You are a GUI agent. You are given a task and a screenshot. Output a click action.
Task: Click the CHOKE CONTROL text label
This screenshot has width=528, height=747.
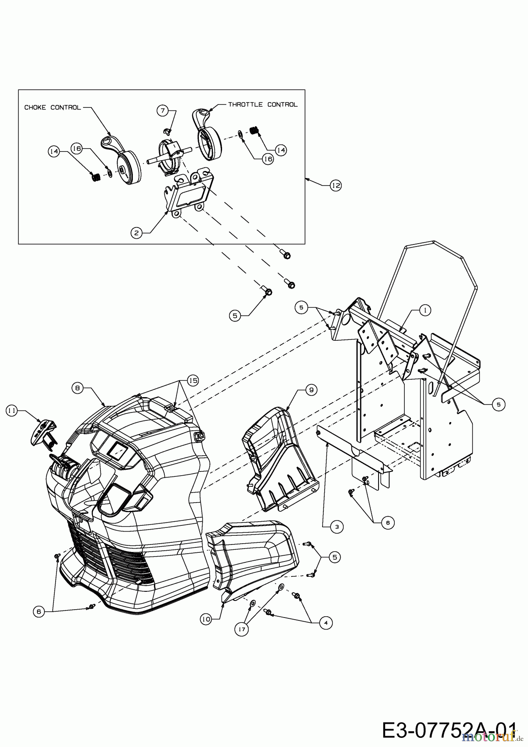[52, 107]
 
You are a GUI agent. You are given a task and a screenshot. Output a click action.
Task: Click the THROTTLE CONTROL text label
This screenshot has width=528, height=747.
[263, 105]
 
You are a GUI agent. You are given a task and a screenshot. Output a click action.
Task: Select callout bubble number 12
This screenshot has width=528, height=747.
[335, 186]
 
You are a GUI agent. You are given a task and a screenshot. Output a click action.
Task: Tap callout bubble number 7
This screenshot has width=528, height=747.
[163, 110]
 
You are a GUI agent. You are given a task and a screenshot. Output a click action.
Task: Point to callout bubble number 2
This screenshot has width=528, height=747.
[136, 233]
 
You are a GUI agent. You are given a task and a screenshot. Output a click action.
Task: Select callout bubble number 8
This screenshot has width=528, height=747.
[77, 388]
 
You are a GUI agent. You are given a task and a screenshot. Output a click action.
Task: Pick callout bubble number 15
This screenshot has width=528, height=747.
[193, 380]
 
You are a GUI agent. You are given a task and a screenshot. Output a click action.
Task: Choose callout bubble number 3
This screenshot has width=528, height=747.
[337, 527]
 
